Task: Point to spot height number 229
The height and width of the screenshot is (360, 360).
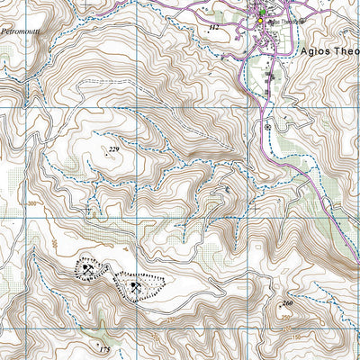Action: [113, 148]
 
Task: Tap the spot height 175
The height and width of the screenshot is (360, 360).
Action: [104, 348]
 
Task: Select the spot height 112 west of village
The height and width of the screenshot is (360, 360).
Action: [213, 29]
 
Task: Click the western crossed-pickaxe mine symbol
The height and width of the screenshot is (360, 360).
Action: [87, 267]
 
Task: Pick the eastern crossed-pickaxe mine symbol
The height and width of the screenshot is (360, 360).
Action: [136, 287]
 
